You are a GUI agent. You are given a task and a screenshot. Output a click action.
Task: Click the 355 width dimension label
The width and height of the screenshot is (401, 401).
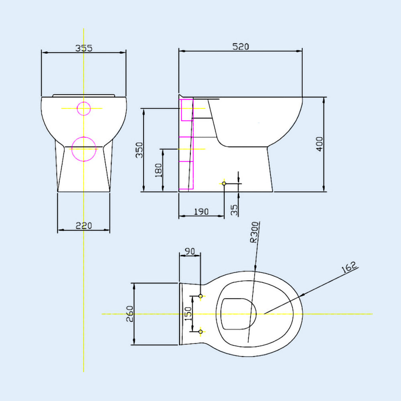point(84,48)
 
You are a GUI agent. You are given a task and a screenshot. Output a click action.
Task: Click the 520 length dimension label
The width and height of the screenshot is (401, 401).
point(241,47)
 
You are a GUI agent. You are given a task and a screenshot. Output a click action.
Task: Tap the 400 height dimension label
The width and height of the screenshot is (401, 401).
point(320,144)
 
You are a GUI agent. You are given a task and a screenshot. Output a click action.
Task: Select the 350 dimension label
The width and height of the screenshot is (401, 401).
point(139,150)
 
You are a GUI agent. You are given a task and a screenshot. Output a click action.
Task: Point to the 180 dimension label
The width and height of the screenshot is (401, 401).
point(159,170)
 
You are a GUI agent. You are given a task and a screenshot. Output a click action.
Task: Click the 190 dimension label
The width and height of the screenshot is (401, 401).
point(201,211)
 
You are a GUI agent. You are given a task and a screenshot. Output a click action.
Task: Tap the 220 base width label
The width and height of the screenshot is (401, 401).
point(84,226)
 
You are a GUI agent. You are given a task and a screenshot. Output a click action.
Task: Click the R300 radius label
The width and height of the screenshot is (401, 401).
point(254,233)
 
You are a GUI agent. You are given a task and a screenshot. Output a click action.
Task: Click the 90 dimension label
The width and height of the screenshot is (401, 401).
point(189,251)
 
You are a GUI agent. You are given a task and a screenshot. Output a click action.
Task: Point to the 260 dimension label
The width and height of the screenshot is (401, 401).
point(129,314)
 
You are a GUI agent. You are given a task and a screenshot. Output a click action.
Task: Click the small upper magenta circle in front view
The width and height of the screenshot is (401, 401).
point(83,108)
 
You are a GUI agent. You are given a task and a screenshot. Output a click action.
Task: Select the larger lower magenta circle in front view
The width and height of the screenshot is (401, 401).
point(84,149)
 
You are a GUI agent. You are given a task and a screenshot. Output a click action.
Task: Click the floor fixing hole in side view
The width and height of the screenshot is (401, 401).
point(224,184)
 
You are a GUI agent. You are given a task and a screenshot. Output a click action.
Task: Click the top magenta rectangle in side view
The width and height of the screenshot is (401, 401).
point(187,110)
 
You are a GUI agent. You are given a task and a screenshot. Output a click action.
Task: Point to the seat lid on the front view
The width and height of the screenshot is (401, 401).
point(84,95)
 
